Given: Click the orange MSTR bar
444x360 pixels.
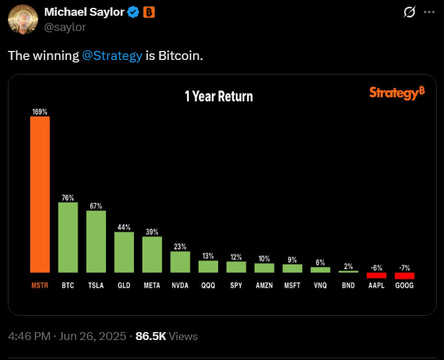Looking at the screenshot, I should [x=40, y=194].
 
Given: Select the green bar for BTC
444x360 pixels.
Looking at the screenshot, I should [x=68, y=237].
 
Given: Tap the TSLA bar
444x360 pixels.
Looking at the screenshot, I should [x=96, y=241].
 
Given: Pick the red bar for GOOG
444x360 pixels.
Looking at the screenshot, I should [x=404, y=276].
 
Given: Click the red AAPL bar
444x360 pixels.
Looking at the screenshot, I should [x=376, y=275].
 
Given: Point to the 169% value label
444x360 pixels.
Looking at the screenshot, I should [x=40, y=112].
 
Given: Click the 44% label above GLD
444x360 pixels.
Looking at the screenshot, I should [x=124, y=227].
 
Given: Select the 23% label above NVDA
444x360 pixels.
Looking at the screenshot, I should [x=180, y=247].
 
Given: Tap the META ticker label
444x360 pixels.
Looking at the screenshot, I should [x=152, y=285].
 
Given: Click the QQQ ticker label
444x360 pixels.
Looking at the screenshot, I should [x=208, y=285].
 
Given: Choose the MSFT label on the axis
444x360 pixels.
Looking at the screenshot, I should [x=292, y=285].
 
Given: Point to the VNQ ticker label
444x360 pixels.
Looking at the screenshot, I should [x=320, y=285].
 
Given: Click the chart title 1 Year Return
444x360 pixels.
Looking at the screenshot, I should [x=219, y=96].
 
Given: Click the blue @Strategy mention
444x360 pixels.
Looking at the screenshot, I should [x=113, y=56].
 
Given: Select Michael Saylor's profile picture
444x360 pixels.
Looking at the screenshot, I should [x=22, y=19].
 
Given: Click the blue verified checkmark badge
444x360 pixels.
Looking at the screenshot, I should [x=133, y=13].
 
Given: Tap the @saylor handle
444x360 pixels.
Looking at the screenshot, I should [x=65, y=27].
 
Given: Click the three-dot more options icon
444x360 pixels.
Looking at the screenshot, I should [x=428, y=12].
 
